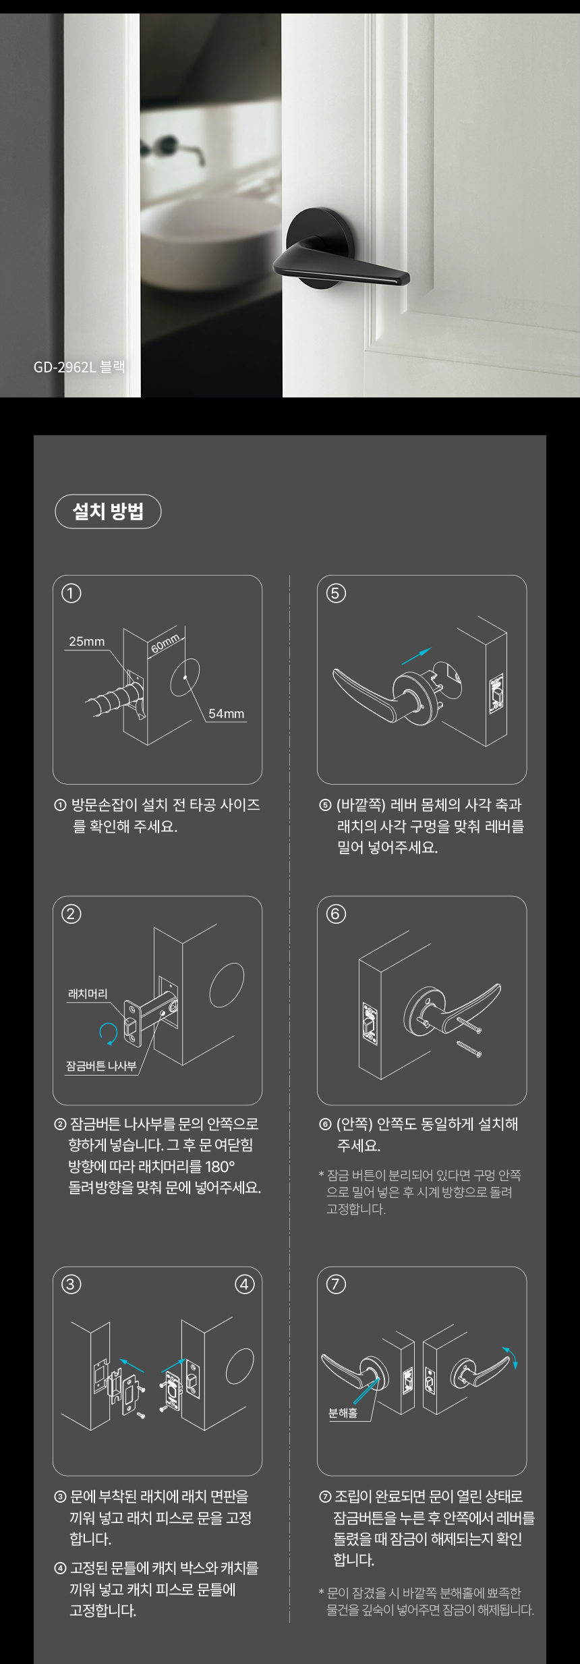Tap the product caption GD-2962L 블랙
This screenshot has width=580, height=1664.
(x=79, y=367)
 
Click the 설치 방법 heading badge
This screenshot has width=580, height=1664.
(x=108, y=511)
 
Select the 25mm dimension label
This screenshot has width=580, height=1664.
(x=87, y=641)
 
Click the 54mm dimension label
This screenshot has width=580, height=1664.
(x=226, y=714)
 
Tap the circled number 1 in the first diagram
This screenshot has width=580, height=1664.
(x=71, y=593)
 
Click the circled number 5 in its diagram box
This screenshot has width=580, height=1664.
(x=336, y=593)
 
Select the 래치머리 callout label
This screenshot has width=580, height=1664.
(x=88, y=994)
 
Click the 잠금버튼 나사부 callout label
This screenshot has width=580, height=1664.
(x=101, y=1066)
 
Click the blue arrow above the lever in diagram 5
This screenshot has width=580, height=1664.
(x=415, y=655)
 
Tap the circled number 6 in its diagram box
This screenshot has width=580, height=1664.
(x=336, y=914)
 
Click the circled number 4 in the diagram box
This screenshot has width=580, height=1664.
(x=244, y=1284)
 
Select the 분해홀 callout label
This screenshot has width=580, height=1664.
(x=343, y=1412)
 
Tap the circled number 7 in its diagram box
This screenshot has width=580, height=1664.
(x=336, y=1284)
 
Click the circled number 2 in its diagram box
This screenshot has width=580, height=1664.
(x=71, y=914)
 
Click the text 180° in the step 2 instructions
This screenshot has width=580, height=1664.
(x=220, y=1167)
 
